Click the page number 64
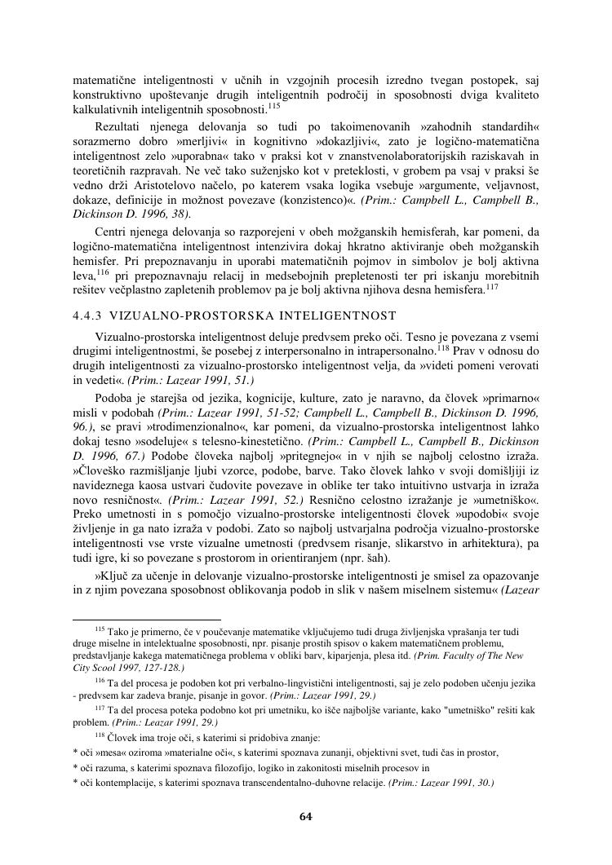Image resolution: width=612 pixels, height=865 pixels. pos(306,816)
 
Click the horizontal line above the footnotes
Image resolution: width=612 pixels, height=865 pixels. pos(147,620)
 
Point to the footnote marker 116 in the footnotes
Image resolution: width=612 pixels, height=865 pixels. pos(100,680)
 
